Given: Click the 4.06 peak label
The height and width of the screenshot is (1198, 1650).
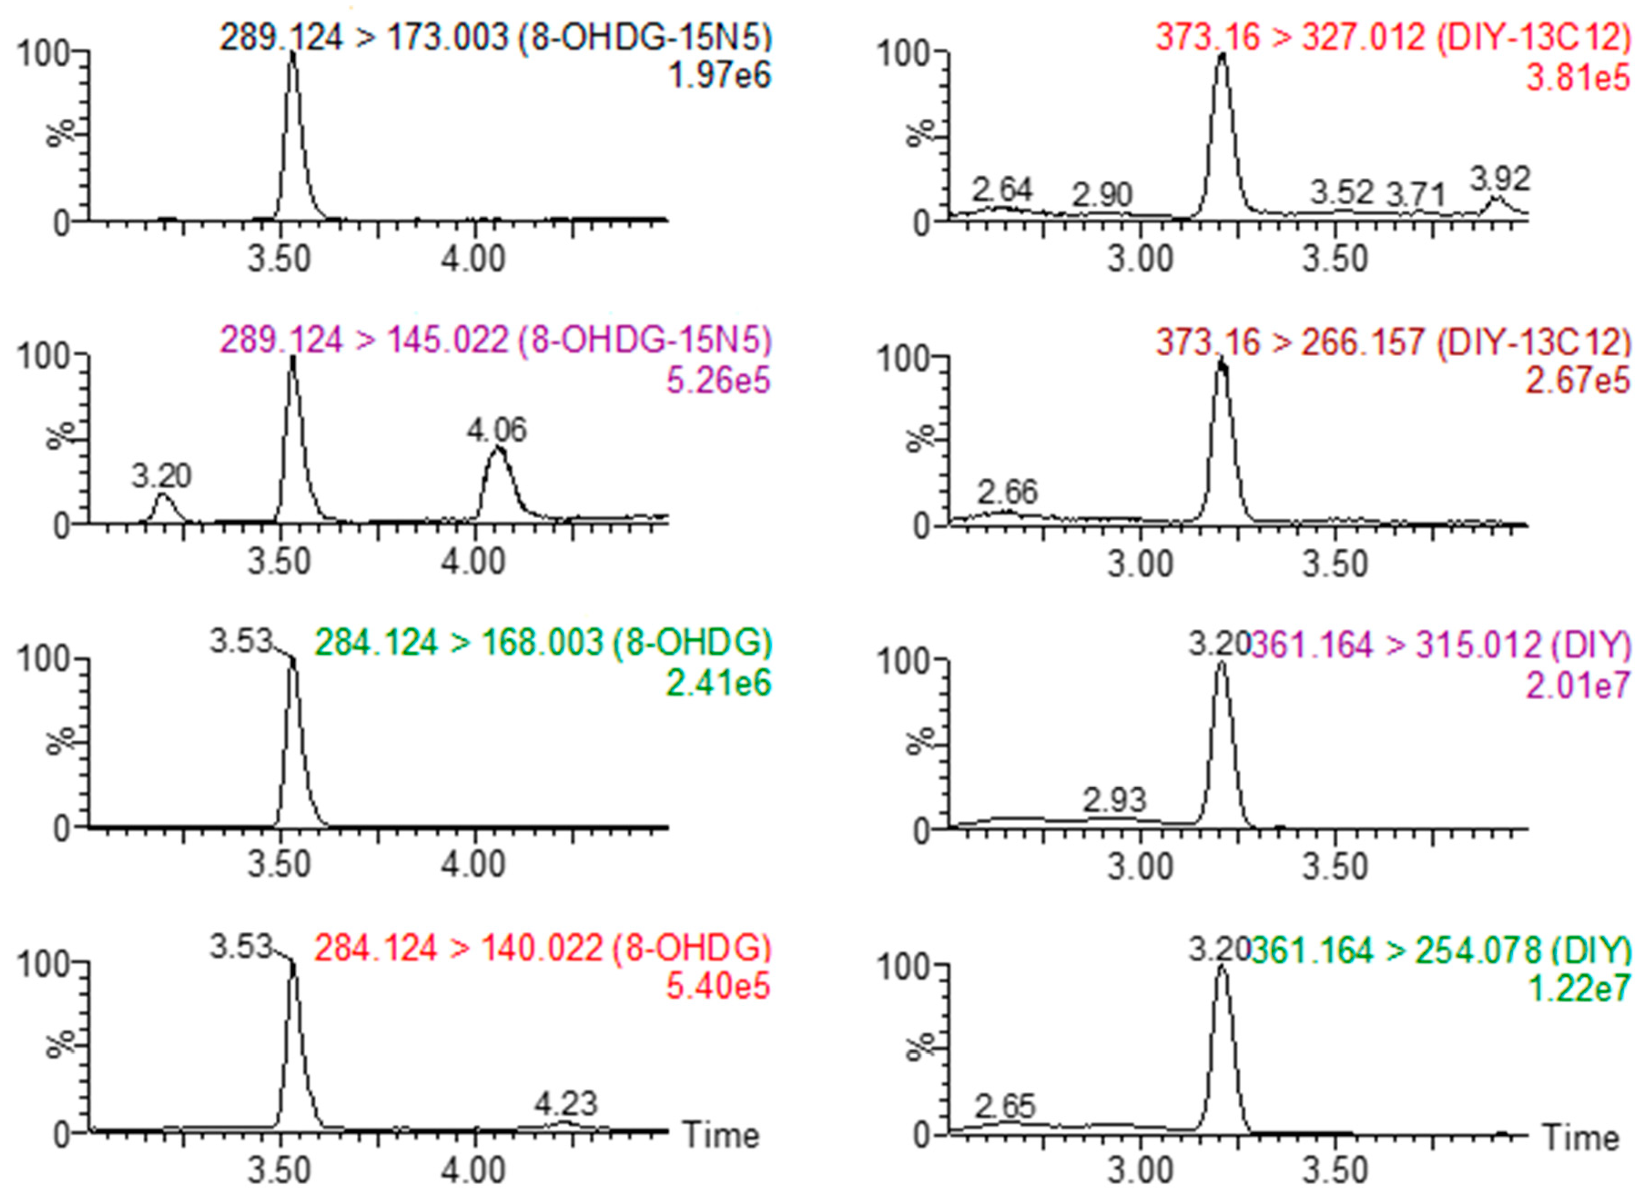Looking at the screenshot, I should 497,430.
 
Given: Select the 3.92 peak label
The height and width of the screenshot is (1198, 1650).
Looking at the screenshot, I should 1500,179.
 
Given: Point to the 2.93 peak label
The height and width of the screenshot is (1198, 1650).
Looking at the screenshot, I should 1114,800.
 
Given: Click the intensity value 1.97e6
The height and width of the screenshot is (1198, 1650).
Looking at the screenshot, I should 719,76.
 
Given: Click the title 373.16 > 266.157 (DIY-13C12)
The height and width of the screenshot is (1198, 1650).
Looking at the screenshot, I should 1393,342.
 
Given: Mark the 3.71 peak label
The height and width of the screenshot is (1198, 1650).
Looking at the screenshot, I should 1416,195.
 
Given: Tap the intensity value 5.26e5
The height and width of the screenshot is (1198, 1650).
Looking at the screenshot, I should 718,380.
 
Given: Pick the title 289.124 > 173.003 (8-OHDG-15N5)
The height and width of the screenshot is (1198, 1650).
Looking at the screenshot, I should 496,36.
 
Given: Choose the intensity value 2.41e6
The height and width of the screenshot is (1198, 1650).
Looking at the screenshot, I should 718,684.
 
